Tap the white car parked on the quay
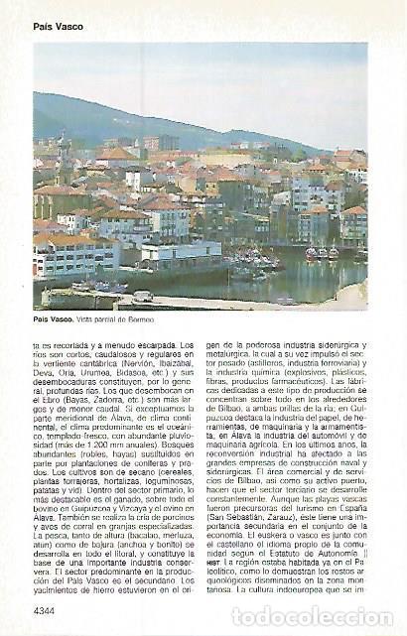143,295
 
